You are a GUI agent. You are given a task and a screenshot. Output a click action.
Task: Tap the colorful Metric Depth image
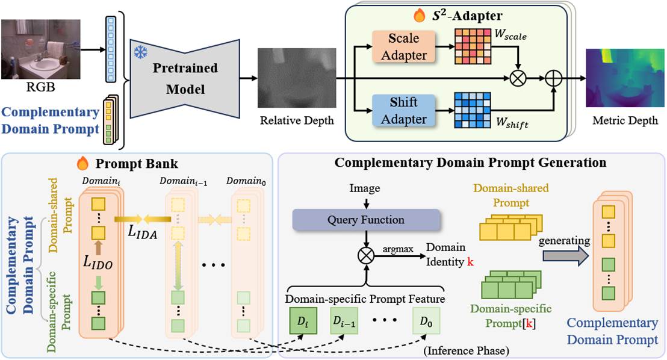coord(622,78)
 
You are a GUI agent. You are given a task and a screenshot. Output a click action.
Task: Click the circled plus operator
coord(553,78)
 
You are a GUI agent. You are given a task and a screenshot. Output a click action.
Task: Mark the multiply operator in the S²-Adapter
coord(516,78)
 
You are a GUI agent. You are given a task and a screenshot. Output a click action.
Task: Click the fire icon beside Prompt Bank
coord(82,163)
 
